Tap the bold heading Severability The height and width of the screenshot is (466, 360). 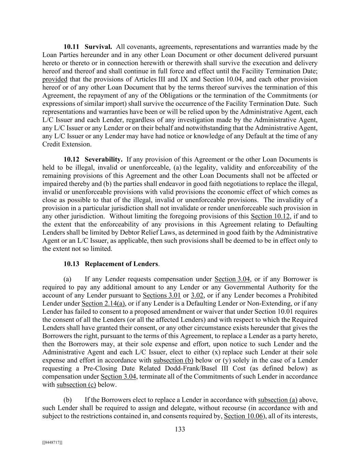point(103,159)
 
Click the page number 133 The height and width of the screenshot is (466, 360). point(180,429)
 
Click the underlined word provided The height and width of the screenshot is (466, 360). point(55,80)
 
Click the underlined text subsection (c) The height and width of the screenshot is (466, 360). point(76,385)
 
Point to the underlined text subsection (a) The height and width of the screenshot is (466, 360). point(277,400)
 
